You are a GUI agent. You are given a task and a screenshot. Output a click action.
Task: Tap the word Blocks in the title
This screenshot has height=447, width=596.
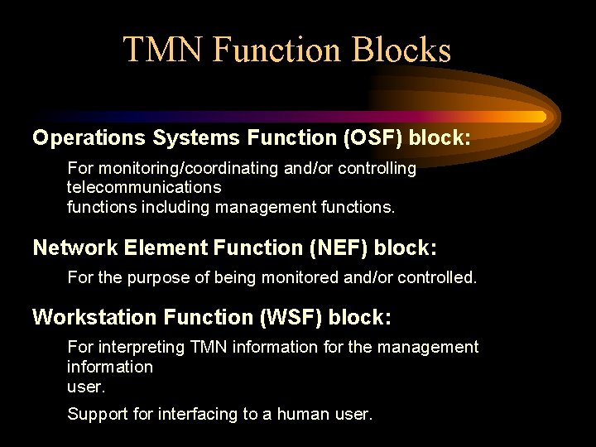pos(401,50)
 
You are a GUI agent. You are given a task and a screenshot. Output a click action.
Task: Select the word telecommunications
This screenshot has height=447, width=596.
pos(144,188)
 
